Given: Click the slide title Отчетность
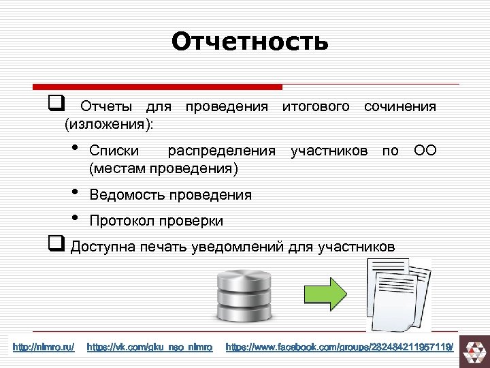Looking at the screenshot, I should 250,42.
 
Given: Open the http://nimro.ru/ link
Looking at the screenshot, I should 44,348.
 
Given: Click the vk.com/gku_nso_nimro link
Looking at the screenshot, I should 150,348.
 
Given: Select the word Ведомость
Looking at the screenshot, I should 127,195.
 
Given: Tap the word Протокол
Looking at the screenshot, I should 122,221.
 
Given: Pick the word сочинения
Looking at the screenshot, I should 400,107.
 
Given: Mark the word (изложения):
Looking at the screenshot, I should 109,124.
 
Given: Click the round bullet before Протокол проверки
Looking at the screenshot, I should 74,219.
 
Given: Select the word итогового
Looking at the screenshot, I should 316,107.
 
